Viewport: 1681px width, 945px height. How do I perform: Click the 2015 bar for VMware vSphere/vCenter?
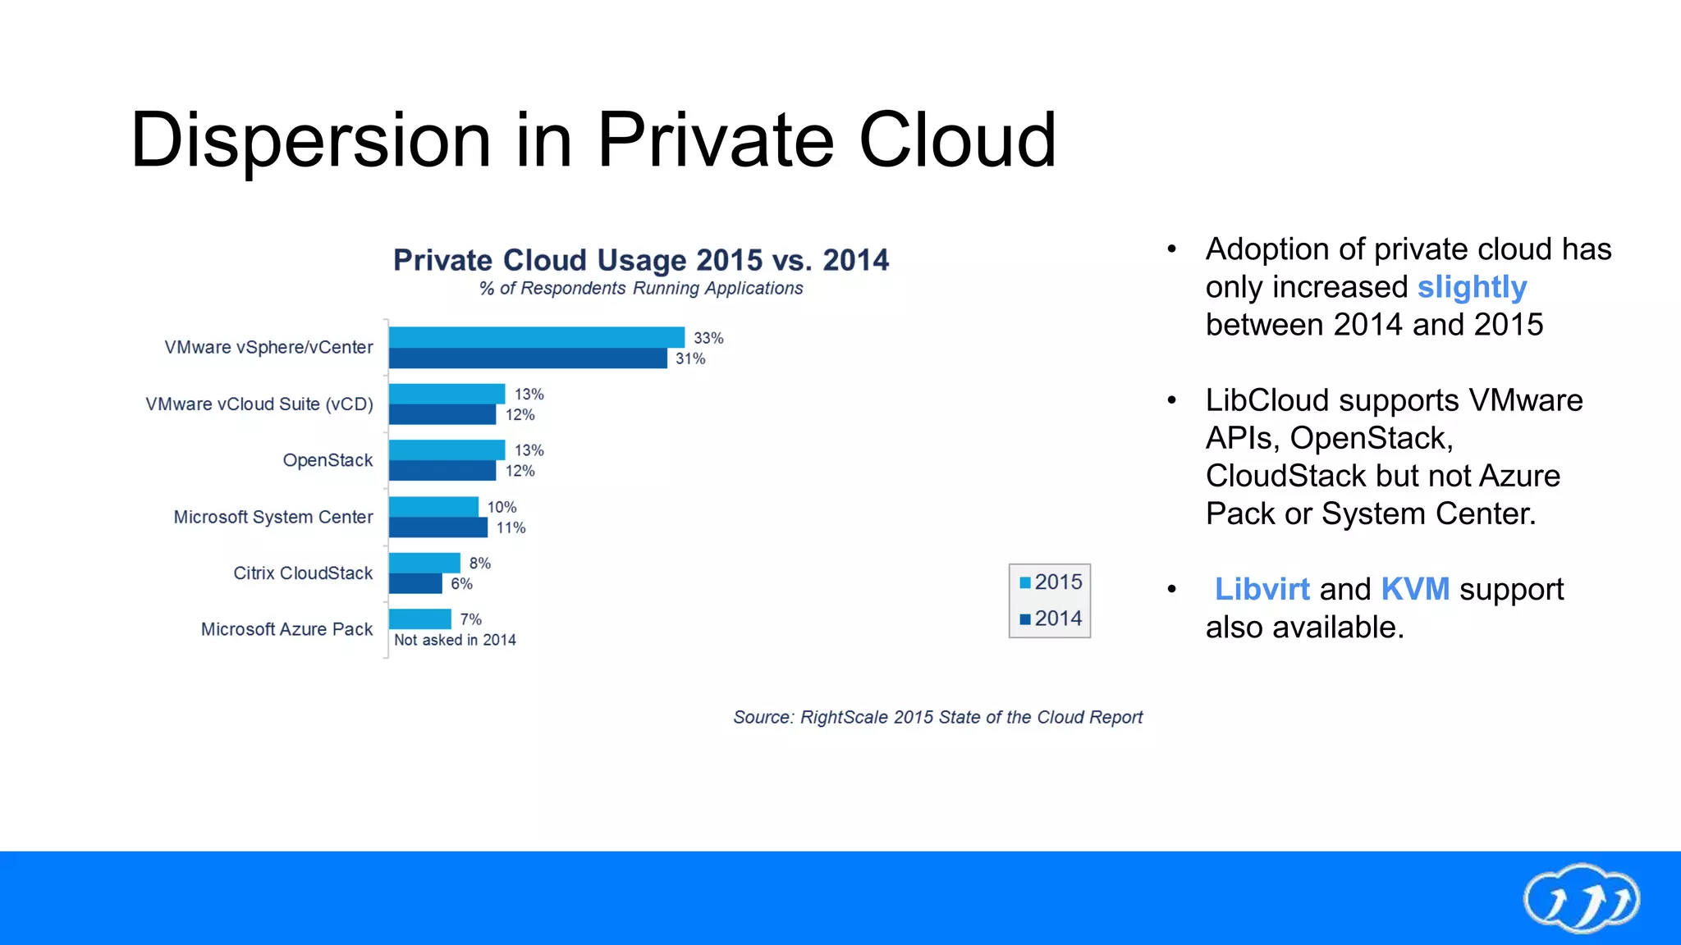(536, 337)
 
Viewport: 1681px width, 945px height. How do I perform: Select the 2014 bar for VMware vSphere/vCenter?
(528, 358)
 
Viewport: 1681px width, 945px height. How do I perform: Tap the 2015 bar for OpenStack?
(447, 450)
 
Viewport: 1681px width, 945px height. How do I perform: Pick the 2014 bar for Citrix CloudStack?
(415, 583)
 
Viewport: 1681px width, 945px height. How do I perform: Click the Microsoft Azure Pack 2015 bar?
(419, 619)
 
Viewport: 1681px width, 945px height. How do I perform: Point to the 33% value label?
(708, 338)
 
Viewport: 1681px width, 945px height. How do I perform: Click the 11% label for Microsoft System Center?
(511, 527)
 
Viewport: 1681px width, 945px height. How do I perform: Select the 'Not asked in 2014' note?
(455, 640)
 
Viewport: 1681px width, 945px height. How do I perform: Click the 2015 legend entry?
(1051, 582)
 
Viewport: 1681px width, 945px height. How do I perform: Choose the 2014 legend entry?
(1051, 619)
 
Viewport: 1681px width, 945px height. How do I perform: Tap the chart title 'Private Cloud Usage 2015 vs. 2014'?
(640, 260)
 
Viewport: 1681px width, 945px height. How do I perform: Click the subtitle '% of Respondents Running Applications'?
(640, 289)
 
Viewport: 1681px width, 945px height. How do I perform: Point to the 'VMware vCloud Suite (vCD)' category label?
(259, 404)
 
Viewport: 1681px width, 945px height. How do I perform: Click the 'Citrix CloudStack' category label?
(303, 573)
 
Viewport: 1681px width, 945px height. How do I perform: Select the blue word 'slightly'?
(1472, 287)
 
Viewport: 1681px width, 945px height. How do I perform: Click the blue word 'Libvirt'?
(1262, 589)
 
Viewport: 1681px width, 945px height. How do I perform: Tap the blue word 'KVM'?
(1415, 589)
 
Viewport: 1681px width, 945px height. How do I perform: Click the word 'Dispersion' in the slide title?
(310, 141)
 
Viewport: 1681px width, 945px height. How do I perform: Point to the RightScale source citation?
(937, 717)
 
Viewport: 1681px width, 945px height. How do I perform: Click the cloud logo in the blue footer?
(1582, 898)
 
